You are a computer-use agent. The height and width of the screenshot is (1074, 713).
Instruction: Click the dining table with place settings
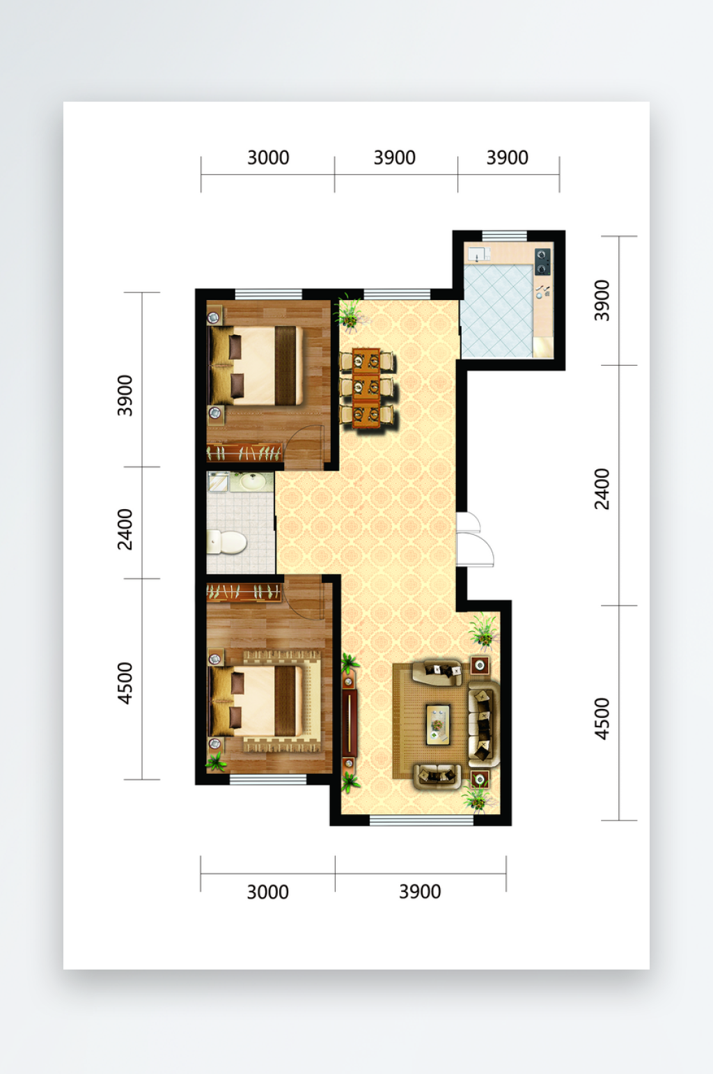[366, 387]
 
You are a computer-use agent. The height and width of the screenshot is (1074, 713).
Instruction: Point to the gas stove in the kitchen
[542, 261]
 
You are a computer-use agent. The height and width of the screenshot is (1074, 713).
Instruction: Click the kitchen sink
[478, 254]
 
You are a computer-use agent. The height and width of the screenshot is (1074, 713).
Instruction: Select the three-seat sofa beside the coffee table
[484, 722]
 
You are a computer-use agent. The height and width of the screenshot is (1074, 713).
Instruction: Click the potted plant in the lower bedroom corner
[216, 761]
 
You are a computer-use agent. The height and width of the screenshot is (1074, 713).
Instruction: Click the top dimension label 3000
[268, 157]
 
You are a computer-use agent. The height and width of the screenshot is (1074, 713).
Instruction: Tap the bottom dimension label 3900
[420, 892]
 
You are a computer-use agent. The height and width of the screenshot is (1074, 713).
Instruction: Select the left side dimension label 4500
[125, 683]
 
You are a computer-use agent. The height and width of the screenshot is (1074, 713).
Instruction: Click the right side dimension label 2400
[602, 488]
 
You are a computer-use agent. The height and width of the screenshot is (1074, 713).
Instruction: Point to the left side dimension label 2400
[125, 529]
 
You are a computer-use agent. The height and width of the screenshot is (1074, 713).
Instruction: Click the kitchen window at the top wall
[504, 235]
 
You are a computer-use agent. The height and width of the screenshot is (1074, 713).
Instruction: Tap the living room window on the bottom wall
[422, 820]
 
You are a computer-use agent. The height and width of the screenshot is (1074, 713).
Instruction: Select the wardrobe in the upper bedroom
[244, 453]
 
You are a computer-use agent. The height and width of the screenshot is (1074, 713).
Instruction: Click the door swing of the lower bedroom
[304, 598]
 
